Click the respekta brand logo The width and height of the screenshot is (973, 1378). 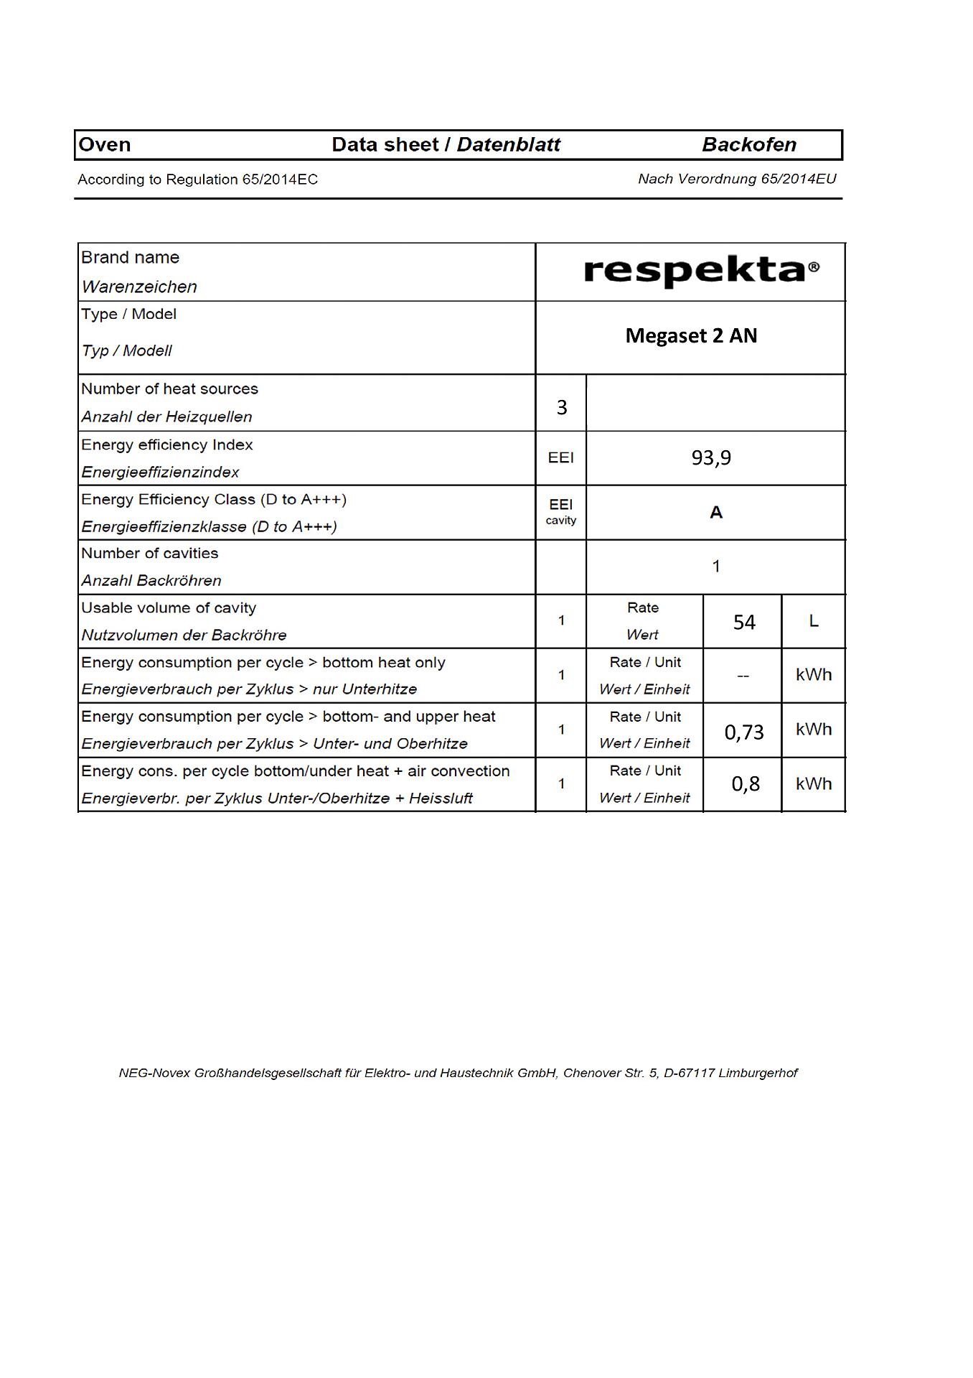click(701, 271)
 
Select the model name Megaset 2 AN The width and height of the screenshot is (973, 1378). click(691, 335)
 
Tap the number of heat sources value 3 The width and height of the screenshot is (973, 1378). click(562, 407)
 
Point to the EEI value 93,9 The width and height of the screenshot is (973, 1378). click(711, 457)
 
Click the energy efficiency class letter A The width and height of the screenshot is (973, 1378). click(715, 512)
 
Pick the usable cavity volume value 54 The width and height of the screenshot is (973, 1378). click(744, 622)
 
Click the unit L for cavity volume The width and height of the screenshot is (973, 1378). click(814, 620)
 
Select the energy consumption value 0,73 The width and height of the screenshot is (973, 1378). click(744, 732)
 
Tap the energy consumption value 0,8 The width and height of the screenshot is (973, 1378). click(746, 783)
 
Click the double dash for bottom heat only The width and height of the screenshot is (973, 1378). click(743, 676)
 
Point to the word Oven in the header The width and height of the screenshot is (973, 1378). click(105, 144)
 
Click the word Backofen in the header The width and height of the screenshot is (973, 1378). click(748, 144)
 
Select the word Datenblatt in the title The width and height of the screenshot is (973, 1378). click(508, 144)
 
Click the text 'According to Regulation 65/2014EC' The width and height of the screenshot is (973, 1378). click(197, 179)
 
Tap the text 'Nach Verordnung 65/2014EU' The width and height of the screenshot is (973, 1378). click(737, 178)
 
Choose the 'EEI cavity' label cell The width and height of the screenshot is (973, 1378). click(560, 511)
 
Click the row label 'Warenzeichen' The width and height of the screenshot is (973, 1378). click(139, 287)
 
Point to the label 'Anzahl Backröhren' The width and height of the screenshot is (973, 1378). click(151, 580)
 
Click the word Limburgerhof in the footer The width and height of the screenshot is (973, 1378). click(758, 1073)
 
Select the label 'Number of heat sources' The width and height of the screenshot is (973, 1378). click(169, 388)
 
